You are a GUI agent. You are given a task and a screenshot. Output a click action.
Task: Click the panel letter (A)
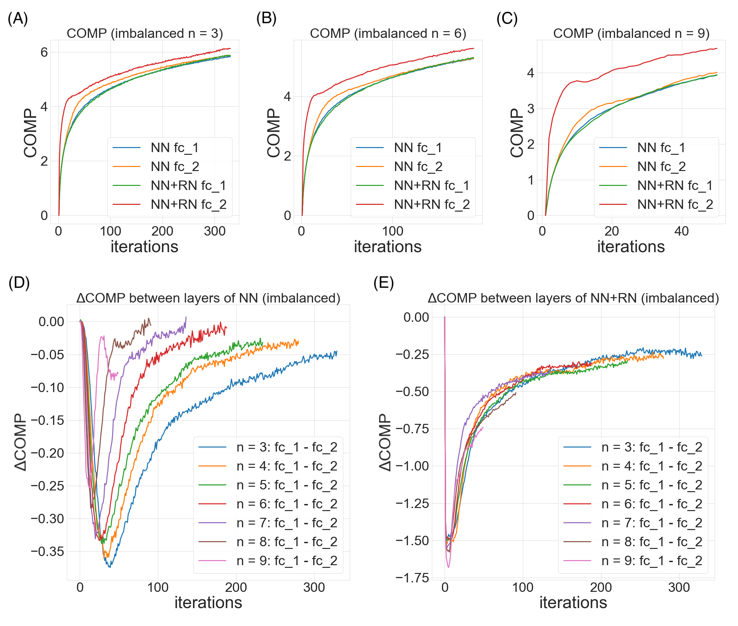(x=18, y=19)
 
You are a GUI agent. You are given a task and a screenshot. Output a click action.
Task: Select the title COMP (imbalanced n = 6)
(x=388, y=33)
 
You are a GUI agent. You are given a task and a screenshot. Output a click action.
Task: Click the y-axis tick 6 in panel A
(x=44, y=52)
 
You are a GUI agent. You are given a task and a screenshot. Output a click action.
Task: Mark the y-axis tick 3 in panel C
(x=531, y=109)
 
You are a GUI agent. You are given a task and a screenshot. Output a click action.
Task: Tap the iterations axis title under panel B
(x=388, y=247)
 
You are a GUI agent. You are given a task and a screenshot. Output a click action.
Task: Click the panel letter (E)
(x=384, y=283)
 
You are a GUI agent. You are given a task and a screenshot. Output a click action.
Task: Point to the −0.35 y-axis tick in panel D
(x=48, y=552)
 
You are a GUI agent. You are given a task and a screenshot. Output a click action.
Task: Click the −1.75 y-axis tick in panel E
(x=412, y=578)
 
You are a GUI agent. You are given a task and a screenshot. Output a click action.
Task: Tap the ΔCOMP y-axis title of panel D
(x=21, y=442)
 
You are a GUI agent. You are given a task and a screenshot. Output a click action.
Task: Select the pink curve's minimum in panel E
(x=448, y=567)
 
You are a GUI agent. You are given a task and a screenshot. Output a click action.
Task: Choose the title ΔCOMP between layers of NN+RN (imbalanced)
(x=573, y=298)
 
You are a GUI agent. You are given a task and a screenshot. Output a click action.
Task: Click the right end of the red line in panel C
(x=717, y=49)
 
